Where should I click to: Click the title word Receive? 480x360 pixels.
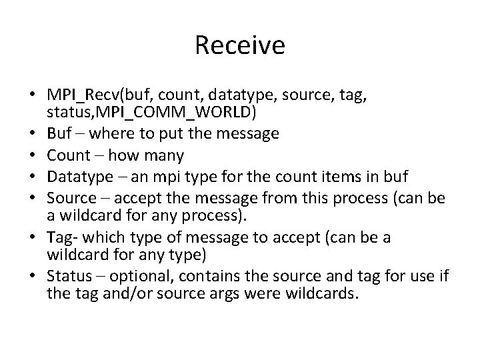point(240,45)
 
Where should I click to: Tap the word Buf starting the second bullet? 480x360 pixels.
point(58,133)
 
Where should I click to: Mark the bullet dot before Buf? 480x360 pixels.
point(33,133)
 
